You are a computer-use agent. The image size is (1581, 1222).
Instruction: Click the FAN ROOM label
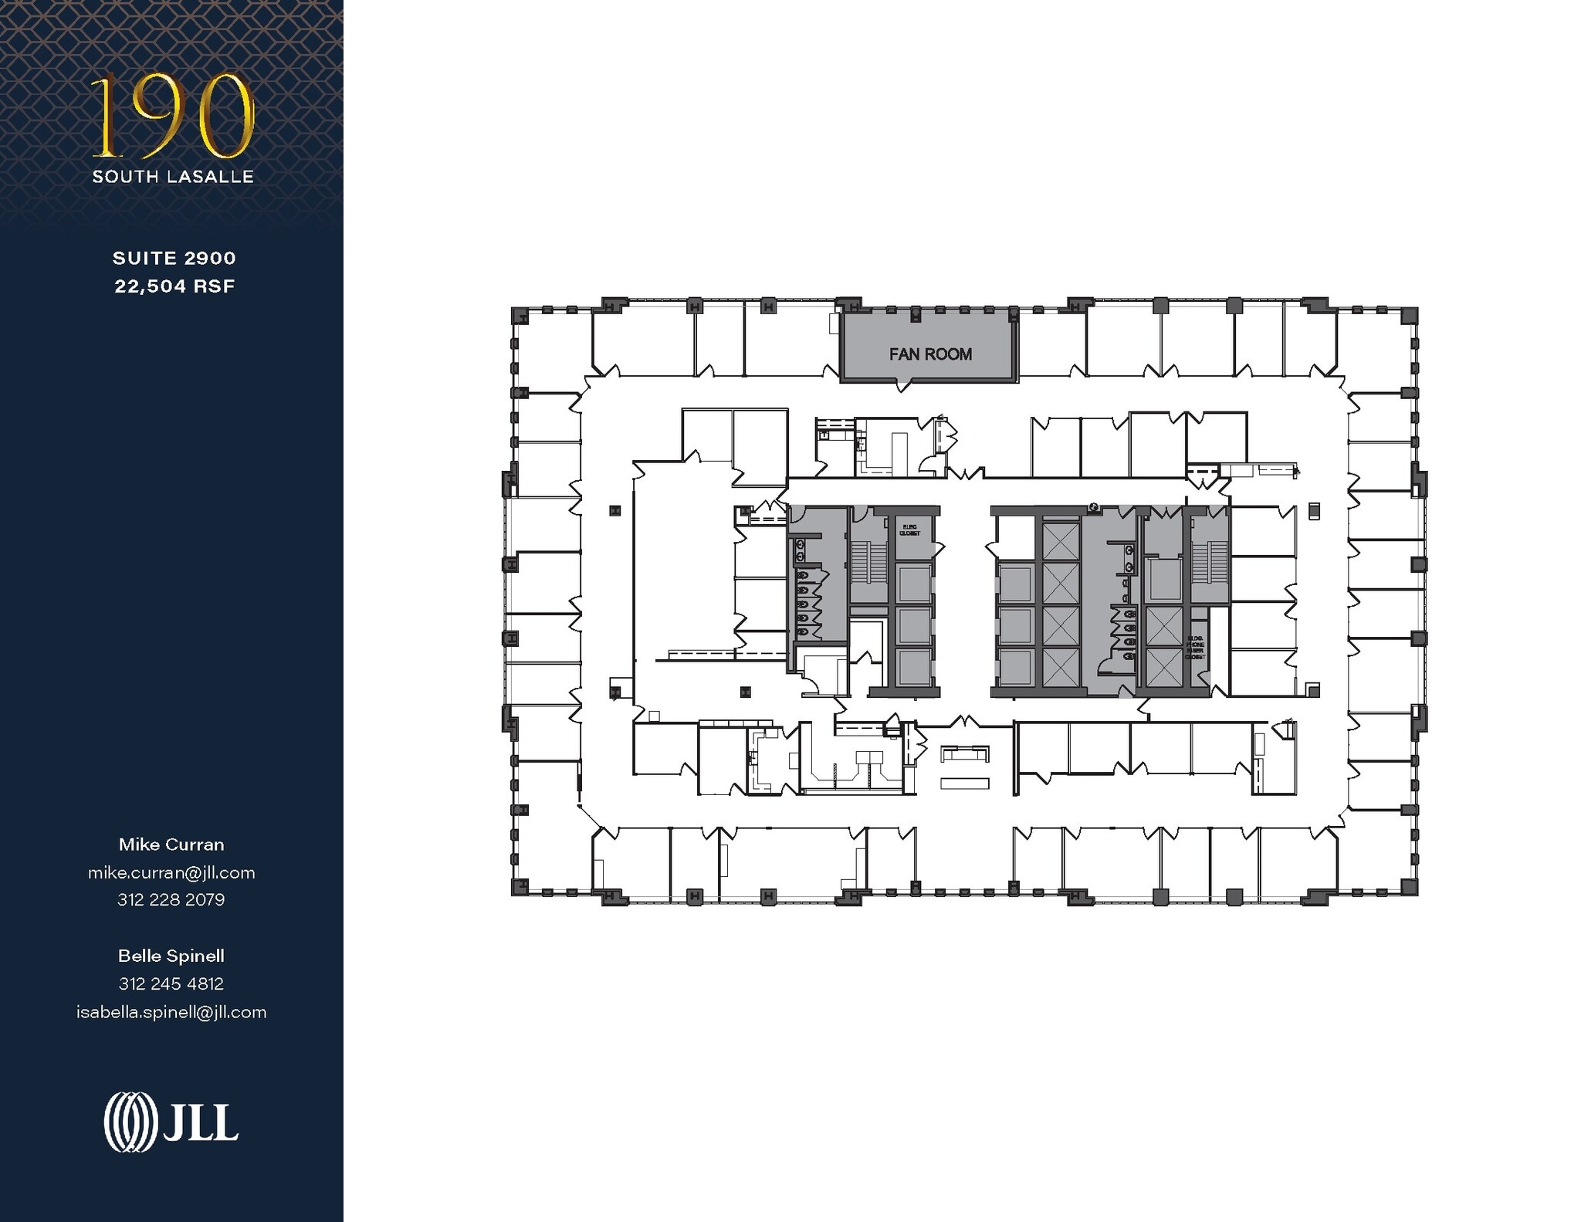tap(929, 354)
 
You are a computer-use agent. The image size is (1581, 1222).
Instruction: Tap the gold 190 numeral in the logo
tap(173, 116)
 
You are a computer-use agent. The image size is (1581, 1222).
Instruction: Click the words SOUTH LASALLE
tap(173, 177)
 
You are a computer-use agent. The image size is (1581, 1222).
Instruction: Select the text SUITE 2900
tap(174, 258)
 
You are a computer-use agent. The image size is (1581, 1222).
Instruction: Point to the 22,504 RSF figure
tap(174, 286)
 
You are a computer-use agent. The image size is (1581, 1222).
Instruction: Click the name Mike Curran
tap(171, 845)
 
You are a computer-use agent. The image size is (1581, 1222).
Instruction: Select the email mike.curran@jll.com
tap(171, 872)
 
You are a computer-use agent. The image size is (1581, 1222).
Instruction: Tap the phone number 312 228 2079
tap(171, 899)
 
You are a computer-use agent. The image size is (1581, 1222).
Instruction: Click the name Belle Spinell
tap(171, 956)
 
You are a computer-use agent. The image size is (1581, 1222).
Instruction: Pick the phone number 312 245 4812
tap(171, 983)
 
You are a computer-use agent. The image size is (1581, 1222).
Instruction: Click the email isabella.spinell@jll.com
tap(171, 1012)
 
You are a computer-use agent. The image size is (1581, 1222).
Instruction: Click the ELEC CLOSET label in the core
tap(909, 530)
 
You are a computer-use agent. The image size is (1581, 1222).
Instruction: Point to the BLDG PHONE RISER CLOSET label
tap(1195, 648)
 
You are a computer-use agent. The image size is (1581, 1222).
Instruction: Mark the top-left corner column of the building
tap(520, 315)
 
